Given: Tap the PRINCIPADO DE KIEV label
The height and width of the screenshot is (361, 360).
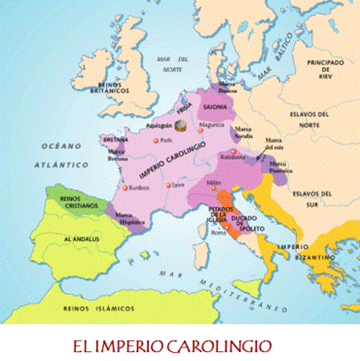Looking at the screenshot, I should (x=325, y=68).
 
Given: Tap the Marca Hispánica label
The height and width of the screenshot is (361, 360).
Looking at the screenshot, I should (x=132, y=220).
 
